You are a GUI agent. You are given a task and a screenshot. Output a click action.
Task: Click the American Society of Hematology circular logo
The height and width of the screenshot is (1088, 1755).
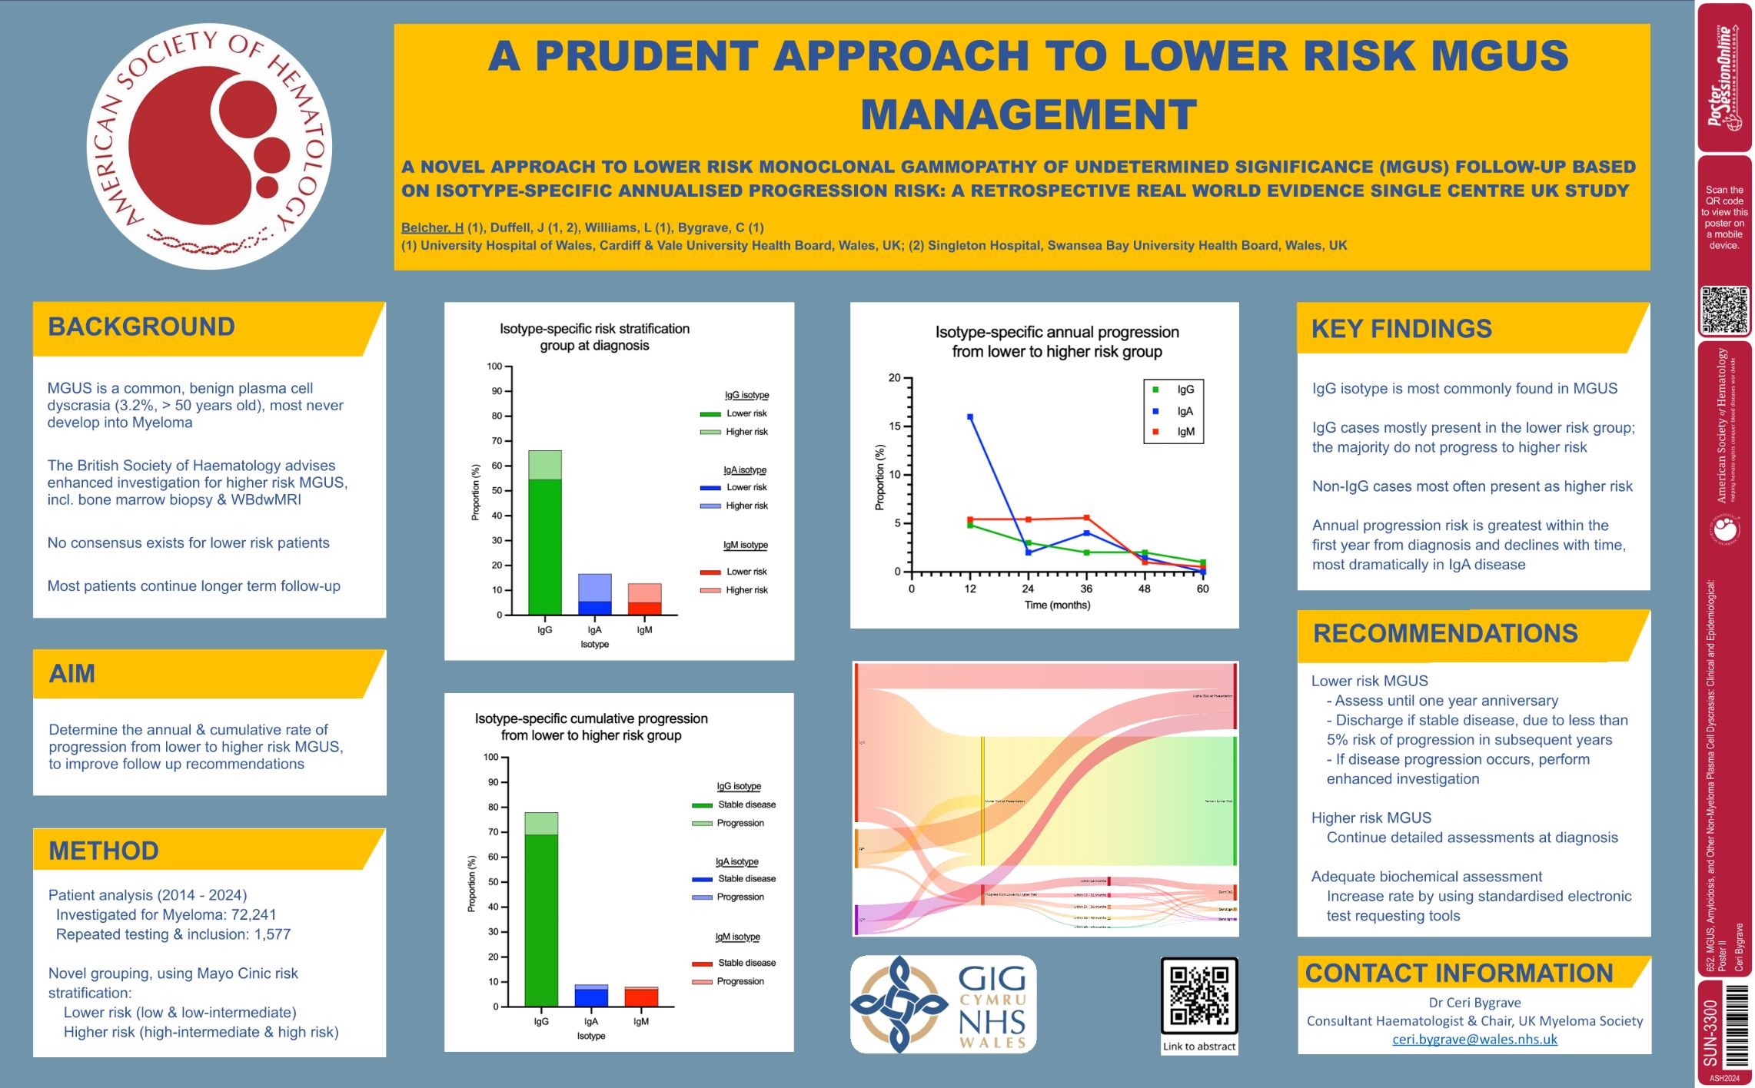click(x=210, y=146)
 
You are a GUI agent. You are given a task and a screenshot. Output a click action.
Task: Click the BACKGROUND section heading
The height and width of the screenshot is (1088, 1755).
click(x=141, y=327)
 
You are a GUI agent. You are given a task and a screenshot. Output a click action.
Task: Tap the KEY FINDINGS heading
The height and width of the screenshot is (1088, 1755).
click(x=1401, y=329)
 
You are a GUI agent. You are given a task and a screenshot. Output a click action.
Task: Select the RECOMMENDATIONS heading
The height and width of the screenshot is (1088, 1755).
click(x=1444, y=634)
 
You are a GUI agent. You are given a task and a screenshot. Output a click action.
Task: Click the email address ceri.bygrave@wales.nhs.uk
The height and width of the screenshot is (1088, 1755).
click(x=1474, y=1040)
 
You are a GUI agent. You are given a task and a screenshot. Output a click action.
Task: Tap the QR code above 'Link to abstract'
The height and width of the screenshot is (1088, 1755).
click(x=1198, y=996)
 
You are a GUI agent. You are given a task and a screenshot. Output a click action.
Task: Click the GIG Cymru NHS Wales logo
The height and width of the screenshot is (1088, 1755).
click(x=943, y=1003)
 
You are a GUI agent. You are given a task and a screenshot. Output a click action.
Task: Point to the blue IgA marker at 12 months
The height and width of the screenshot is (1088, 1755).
click(x=970, y=417)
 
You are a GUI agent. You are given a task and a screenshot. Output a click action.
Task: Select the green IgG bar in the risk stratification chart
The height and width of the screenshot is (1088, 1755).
click(x=544, y=545)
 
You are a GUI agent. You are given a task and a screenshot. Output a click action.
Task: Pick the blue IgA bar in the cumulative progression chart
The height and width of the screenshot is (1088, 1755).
click(x=590, y=997)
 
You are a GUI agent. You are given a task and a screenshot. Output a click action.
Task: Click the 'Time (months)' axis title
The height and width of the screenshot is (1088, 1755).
click(x=1057, y=605)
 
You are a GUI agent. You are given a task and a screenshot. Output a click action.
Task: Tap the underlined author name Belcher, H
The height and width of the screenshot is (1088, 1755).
click(x=432, y=227)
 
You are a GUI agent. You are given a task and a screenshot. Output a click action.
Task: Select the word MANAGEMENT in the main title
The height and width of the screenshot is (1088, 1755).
click(x=1029, y=115)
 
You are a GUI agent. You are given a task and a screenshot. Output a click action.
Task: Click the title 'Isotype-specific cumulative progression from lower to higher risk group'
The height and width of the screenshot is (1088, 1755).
click(x=591, y=727)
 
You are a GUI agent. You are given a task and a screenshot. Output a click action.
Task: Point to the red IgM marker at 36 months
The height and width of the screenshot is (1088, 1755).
click(x=1086, y=518)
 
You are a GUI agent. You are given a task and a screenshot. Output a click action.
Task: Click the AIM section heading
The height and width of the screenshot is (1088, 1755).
click(x=72, y=674)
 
